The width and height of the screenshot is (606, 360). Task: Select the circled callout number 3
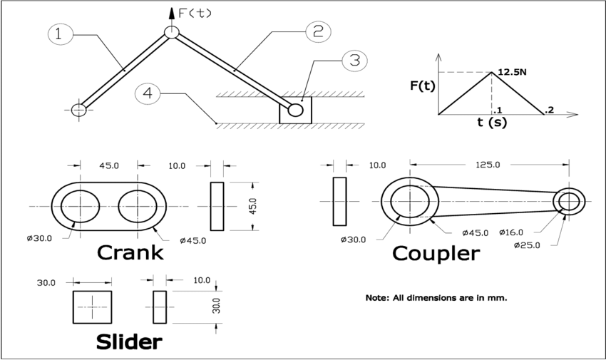tap(354, 60)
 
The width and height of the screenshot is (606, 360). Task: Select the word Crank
tap(130, 252)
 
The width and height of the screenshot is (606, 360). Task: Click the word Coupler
tap(436, 253)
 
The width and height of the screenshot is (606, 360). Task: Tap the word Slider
tap(129, 342)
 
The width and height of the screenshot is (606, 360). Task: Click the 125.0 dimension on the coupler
tap(488, 165)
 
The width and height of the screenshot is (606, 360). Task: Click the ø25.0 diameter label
tap(528, 245)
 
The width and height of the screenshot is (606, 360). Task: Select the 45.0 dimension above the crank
tap(108, 165)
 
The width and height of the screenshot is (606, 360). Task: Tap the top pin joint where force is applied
tap(171, 32)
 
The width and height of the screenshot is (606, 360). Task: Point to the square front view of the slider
tap(92, 307)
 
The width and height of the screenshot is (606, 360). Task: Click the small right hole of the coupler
tap(569, 202)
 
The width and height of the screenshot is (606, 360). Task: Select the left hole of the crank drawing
tap(80, 206)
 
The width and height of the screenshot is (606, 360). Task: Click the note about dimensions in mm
tap(436, 297)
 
